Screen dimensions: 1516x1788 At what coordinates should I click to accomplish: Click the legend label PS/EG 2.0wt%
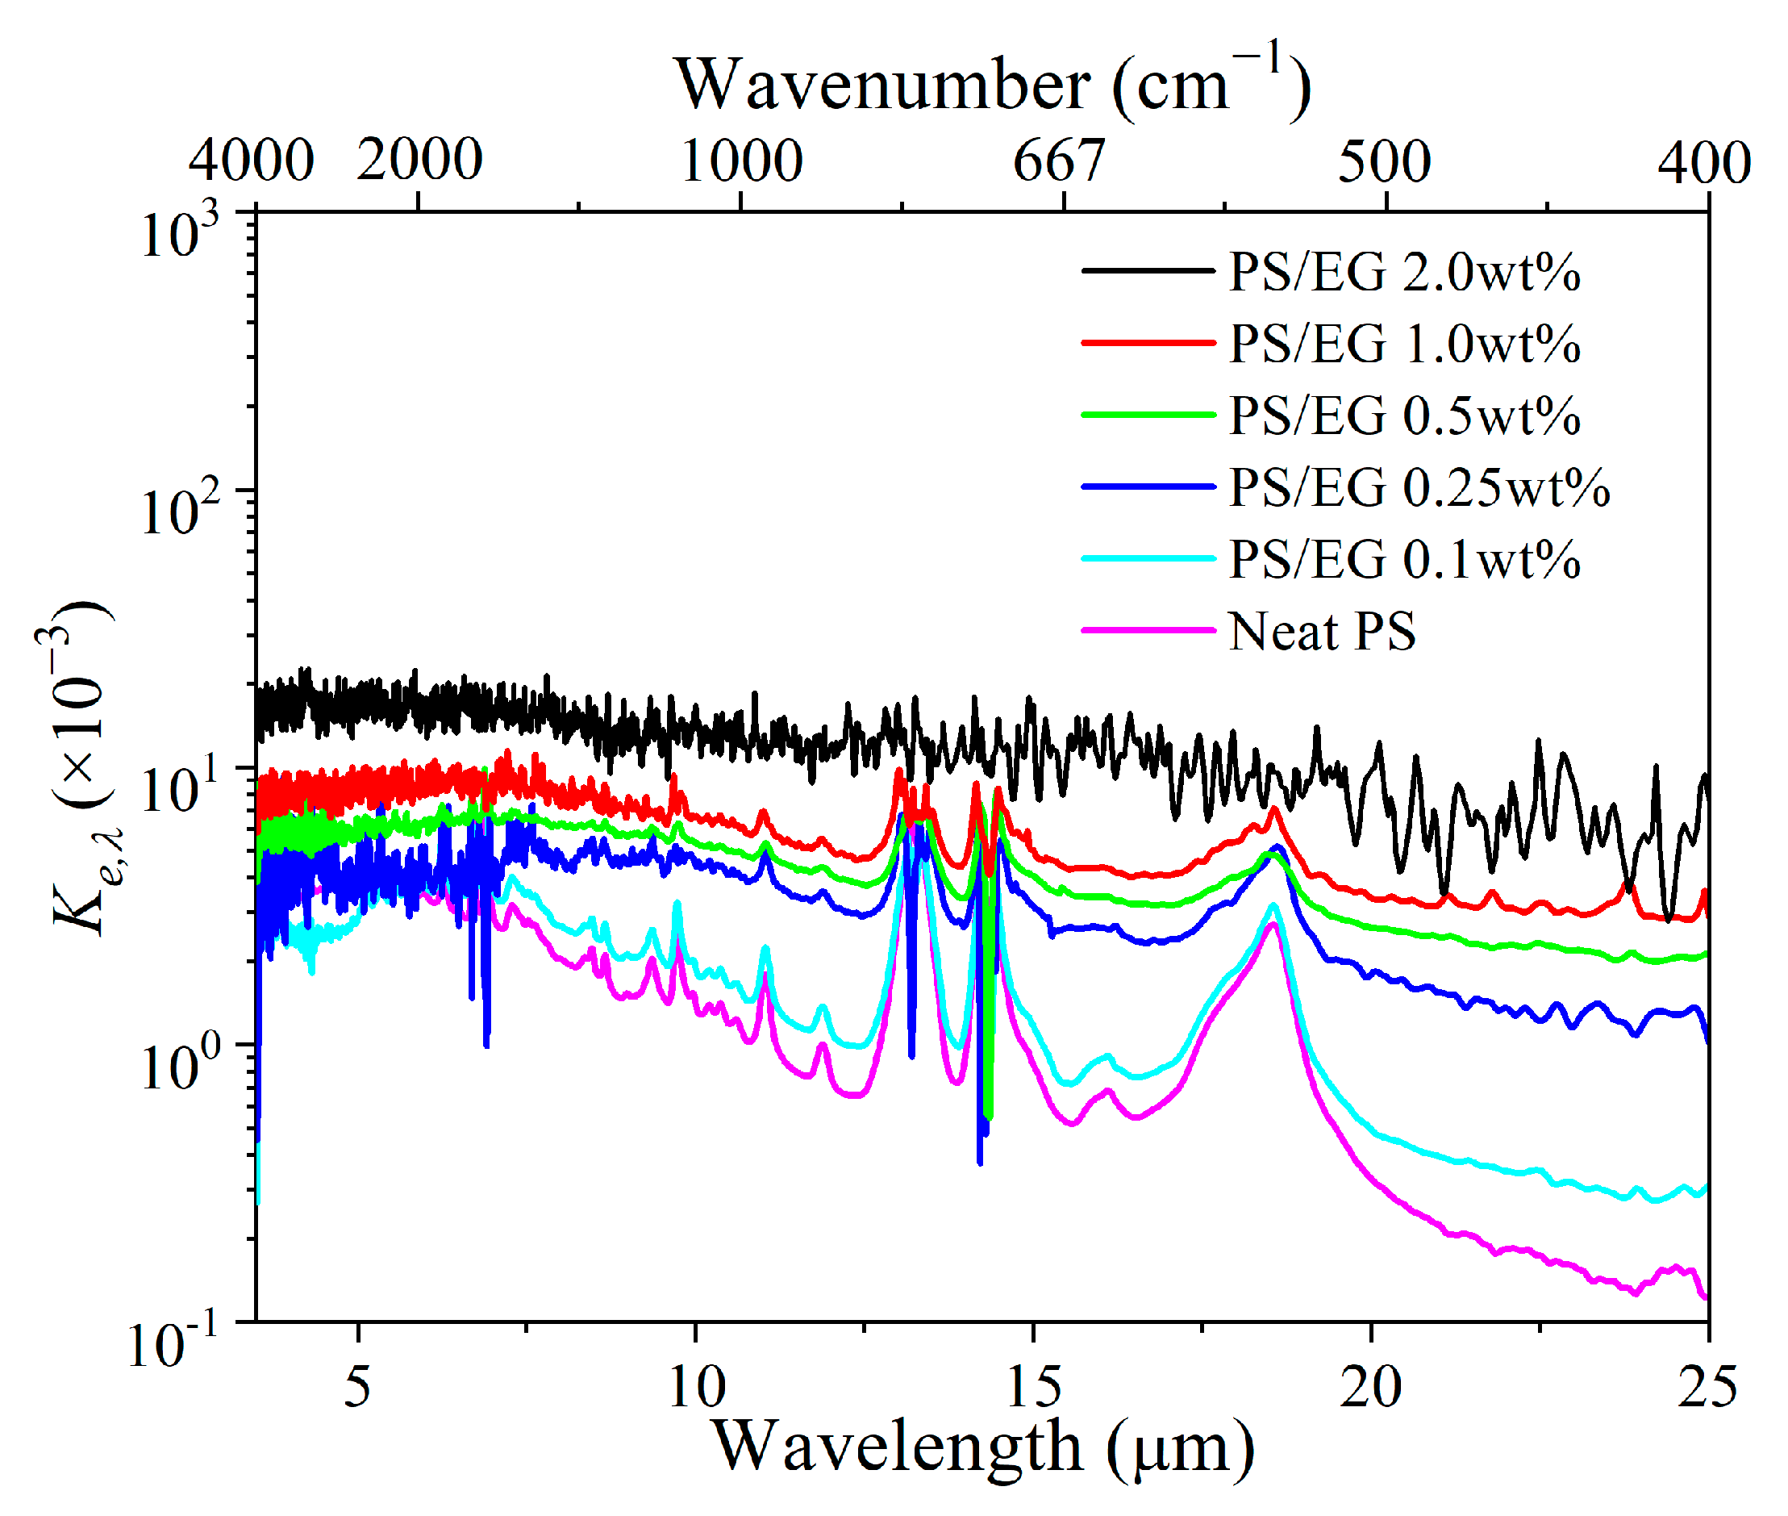1403,274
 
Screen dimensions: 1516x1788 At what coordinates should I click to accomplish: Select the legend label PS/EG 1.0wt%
1403,345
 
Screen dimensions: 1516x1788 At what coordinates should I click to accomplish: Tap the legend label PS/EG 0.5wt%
1403,417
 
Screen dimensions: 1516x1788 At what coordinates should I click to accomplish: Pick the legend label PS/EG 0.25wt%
1418,488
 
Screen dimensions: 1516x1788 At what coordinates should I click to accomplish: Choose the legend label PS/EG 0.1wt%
1403,561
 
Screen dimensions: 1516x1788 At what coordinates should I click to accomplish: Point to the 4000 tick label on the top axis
251,161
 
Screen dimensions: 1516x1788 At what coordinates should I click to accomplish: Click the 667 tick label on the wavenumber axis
1059,161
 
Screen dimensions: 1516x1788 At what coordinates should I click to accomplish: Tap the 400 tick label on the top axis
1704,161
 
